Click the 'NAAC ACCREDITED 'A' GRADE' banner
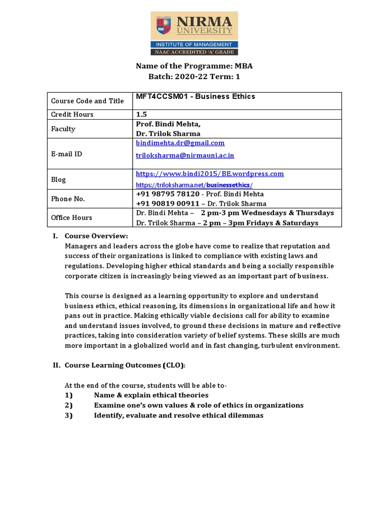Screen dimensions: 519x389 pos(194,52)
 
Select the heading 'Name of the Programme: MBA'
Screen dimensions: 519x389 pos(194,66)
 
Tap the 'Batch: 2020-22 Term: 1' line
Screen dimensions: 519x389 pos(194,77)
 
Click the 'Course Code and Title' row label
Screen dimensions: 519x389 pos(87,101)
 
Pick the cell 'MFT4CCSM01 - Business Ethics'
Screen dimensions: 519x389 pos(196,97)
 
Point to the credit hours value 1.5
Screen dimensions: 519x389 pos(141,115)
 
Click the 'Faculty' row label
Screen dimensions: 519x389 pos(63,129)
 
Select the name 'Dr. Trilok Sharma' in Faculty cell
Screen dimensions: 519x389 pos(168,134)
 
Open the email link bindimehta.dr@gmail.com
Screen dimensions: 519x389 pos(180,143)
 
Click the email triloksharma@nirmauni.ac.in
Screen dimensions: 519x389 pos(185,155)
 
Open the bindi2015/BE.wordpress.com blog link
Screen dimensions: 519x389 pos(210,174)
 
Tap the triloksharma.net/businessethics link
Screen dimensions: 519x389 pos(194,186)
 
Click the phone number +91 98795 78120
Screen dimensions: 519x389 pos(168,194)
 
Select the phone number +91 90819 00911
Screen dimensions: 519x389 pos(168,204)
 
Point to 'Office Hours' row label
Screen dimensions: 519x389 pos(71,217)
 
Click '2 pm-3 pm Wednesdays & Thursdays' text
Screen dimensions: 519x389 pos(267,213)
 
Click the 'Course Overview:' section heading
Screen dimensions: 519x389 pos(96,236)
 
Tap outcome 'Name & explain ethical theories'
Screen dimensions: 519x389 pos(151,395)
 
